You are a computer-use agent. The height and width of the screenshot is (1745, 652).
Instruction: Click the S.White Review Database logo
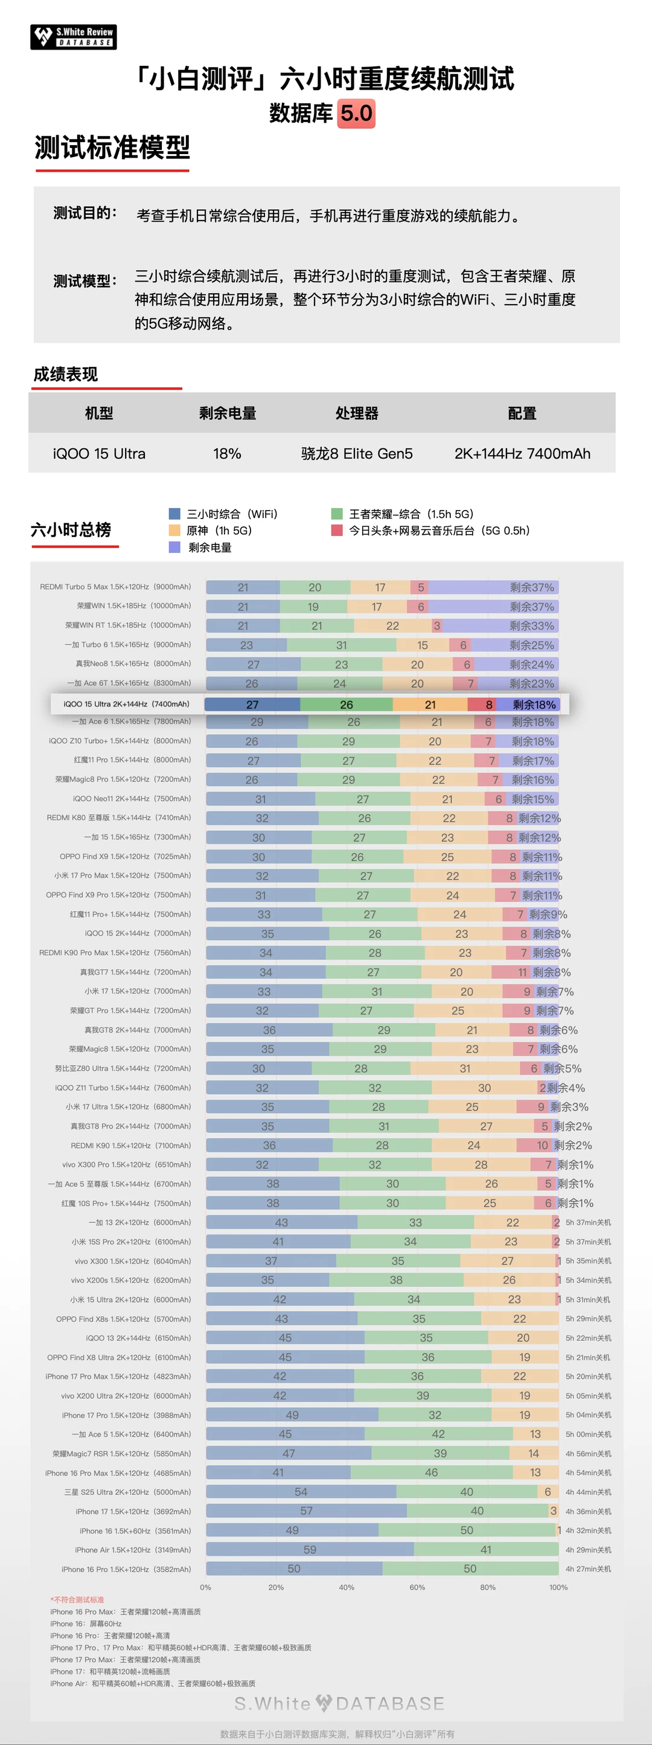(x=73, y=37)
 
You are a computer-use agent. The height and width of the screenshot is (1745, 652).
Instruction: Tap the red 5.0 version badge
(x=356, y=113)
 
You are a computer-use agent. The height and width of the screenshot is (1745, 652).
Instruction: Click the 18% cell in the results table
(x=227, y=453)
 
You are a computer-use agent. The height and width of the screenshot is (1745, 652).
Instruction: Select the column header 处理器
(x=357, y=413)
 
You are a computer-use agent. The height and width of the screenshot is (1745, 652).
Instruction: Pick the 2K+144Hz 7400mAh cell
(x=522, y=453)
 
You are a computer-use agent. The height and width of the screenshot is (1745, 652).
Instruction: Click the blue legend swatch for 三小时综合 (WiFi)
(x=174, y=514)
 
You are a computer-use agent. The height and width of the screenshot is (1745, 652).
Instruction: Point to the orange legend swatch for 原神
(x=174, y=531)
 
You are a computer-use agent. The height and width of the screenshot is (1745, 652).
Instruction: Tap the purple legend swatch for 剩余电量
(x=174, y=547)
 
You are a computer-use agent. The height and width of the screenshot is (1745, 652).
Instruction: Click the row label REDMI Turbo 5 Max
(x=115, y=587)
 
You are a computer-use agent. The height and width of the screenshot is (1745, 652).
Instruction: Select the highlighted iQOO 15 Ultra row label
(x=126, y=705)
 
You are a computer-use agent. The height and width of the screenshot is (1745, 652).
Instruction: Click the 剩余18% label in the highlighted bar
(x=534, y=705)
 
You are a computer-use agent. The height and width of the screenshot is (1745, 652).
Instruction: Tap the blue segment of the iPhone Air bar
(x=310, y=1549)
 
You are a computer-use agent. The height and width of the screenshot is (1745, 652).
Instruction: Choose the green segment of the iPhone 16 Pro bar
(x=470, y=1569)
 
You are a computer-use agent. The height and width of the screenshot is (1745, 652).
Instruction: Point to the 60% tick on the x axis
(x=417, y=1587)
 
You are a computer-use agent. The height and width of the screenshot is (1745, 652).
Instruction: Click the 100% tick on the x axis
(x=558, y=1587)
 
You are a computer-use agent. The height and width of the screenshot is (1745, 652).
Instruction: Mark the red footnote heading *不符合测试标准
(x=77, y=1599)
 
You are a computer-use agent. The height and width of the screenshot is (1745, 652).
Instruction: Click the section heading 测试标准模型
(x=112, y=147)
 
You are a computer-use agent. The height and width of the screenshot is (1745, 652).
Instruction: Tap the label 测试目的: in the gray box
(x=85, y=213)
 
